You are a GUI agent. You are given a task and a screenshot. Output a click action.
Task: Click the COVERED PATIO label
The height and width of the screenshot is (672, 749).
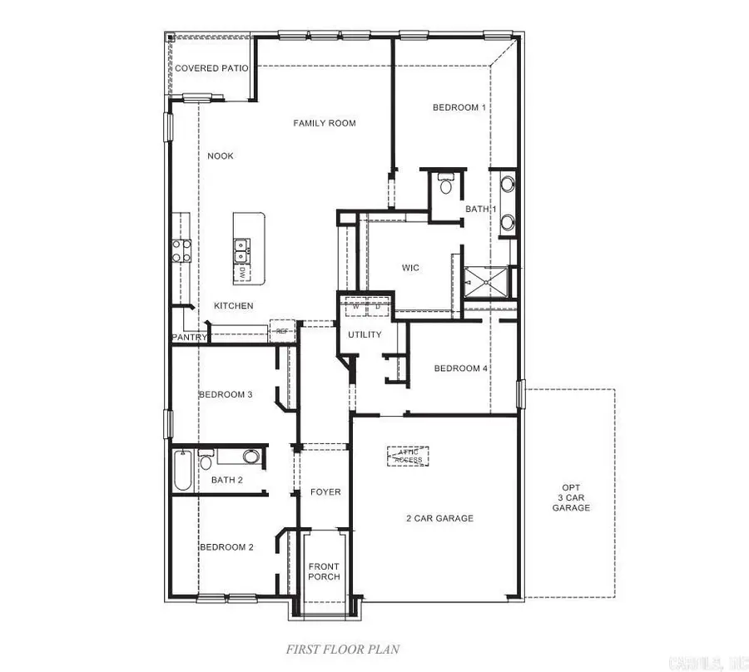(211, 68)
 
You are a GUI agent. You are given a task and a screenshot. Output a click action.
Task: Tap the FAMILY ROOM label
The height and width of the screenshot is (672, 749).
(325, 123)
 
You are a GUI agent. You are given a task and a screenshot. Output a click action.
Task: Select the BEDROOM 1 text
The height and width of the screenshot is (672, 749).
(459, 107)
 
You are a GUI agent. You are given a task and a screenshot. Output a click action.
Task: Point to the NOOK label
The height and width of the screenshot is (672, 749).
(221, 156)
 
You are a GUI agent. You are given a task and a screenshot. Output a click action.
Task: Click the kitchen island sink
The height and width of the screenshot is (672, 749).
(241, 245)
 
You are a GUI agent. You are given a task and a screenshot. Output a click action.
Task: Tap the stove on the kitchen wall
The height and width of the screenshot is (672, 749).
(181, 250)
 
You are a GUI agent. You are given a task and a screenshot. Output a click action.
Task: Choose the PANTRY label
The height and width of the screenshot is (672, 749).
(188, 338)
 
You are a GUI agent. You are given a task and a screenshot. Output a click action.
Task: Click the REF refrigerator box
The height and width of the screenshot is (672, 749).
(282, 332)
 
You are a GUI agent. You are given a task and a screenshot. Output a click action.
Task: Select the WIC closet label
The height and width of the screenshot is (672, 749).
(410, 268)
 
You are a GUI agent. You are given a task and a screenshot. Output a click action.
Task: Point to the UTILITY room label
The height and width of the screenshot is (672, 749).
(365, 335)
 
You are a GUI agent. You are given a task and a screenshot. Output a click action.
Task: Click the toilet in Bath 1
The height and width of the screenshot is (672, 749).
(445, 185)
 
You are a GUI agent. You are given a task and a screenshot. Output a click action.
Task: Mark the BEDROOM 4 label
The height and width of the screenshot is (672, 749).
(461, 368)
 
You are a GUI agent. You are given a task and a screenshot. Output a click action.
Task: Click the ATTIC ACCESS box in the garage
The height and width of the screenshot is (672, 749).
(408, 456)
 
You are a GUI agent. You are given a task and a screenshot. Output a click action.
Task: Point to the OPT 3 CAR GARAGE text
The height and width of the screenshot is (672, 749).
(571, 497)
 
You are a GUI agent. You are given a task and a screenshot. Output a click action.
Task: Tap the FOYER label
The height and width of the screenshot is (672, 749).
(325, 492)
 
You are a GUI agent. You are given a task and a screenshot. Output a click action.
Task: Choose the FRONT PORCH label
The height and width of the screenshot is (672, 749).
(324, 572)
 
